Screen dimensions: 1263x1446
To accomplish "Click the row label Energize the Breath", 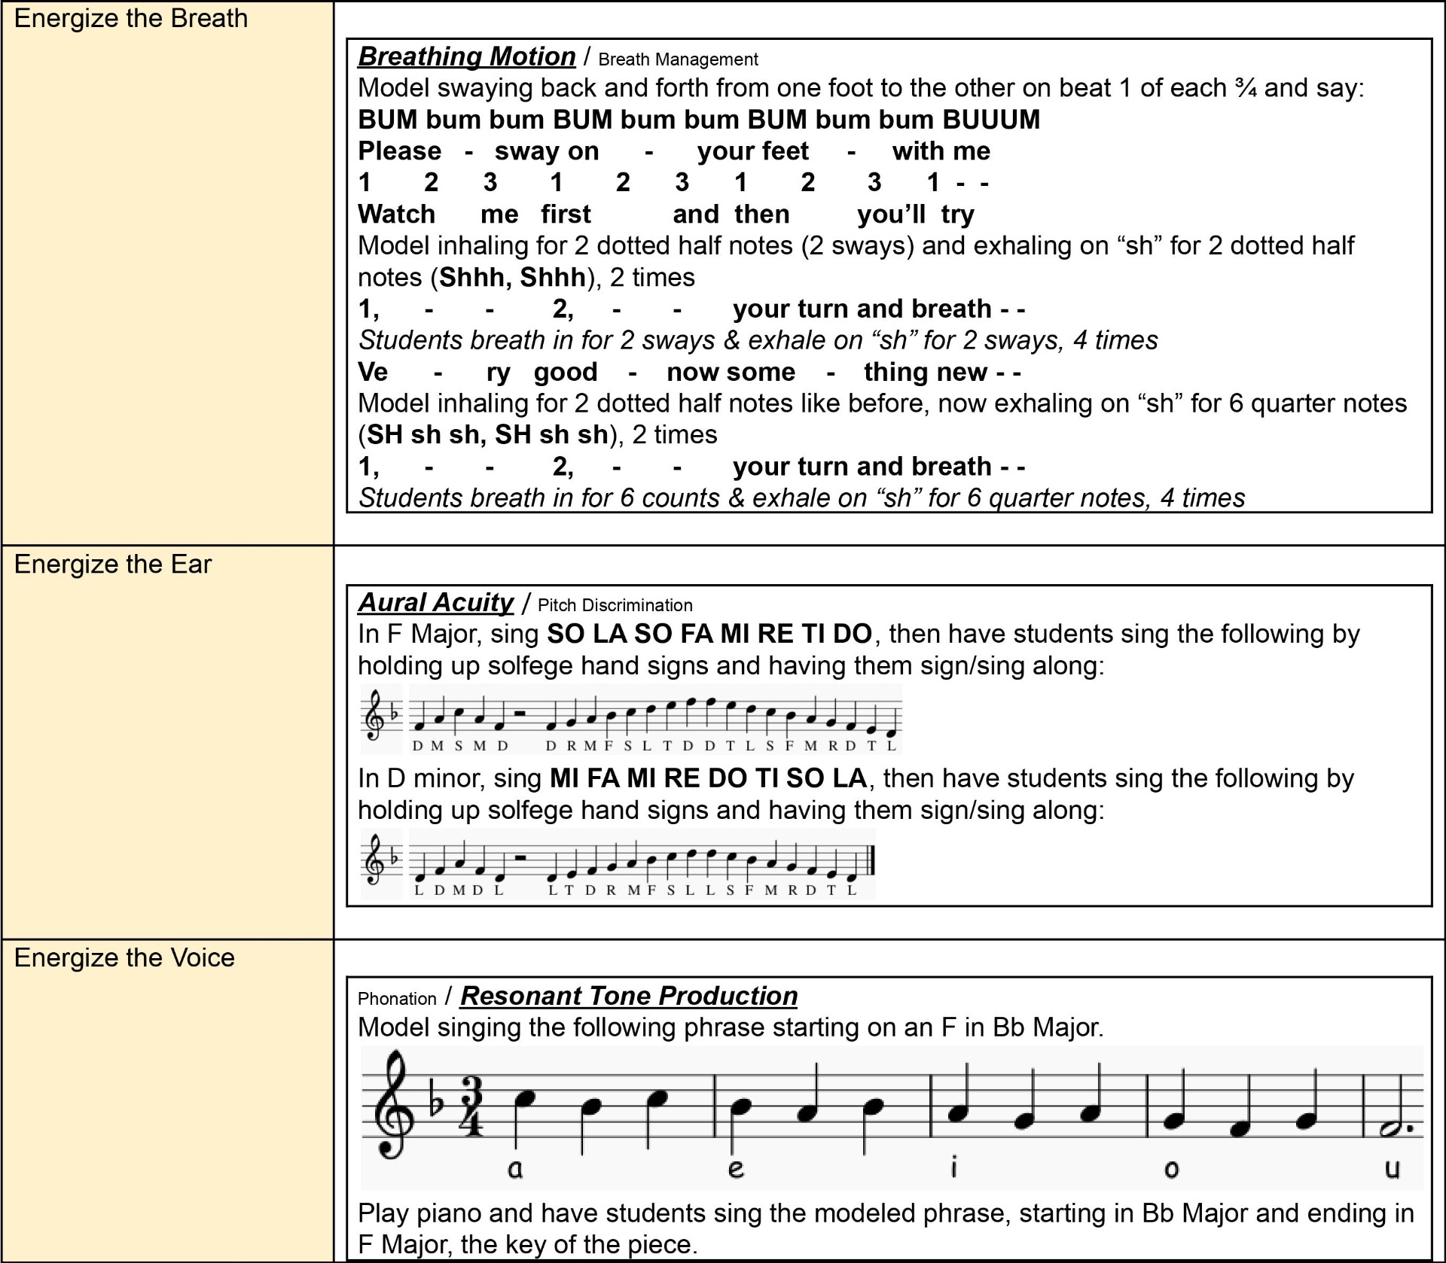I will pos(130,19).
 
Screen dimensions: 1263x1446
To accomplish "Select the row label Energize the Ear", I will pos(113,565).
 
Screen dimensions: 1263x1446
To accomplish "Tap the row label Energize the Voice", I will pos(124,958).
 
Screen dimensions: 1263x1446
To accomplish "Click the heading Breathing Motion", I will pos(466,56).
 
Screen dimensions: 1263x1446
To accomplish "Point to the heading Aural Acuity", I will pos(435,602).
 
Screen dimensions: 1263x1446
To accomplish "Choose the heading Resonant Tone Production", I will pos(629,996).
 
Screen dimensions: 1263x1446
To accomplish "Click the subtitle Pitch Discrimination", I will pos(615,605).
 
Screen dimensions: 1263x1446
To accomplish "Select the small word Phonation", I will pos(397,999).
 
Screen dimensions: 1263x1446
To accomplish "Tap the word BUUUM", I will pos(991,120).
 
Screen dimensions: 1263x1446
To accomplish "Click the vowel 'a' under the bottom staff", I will pos(515,1169).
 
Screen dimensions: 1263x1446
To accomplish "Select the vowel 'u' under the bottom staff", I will pos(1393,1169).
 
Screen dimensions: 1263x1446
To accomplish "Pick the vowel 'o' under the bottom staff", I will pos(1171,1169).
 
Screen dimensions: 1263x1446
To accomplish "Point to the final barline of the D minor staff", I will pos(871,861).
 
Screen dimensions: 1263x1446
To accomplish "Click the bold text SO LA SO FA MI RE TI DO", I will pos(709,635).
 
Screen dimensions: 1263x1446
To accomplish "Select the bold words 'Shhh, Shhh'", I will pos(512,278).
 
